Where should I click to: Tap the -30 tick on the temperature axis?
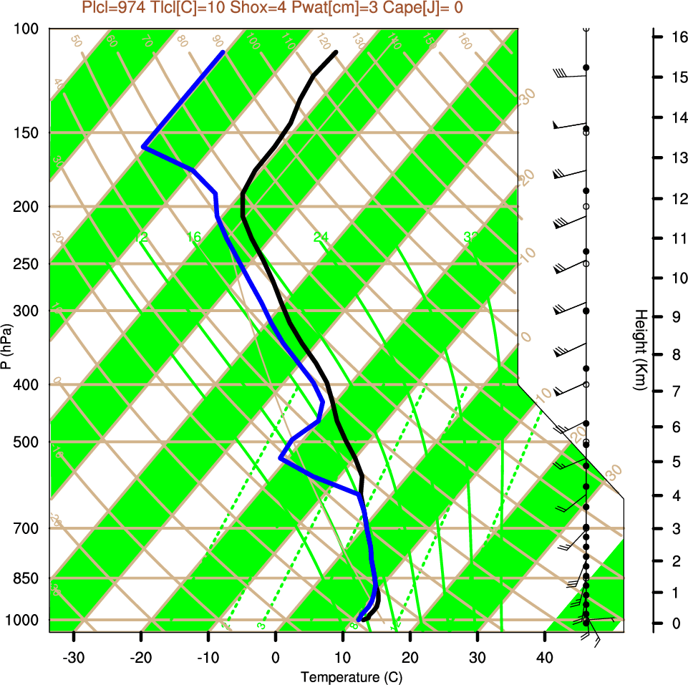pyautogui.click(x=74, y=658)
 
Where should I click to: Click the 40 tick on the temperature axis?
pyautogui.click(x=545, y=658)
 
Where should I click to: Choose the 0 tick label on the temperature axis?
pyautogui.click(x=276, y=658)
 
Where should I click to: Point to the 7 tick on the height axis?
pyautogui.click(x=676, y=392)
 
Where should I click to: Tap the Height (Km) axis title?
pyautogui.click(x=640, y=351)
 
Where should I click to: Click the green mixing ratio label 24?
pyautogui.click(x=321, y=237)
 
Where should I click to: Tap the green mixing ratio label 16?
pyautogui.click(x=194, y=237)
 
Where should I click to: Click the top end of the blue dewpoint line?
pyautogui.click(x=223, y=52)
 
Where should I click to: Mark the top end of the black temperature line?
pyautogui.click(x=335, y=52)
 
